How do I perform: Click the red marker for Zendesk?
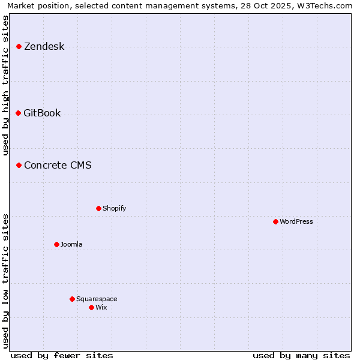pyautogui.click(x=19, y=46)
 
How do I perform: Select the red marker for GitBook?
pyautogui.click(x=19, y=113)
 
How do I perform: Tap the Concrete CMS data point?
pyautogui.click(x=19, y=165)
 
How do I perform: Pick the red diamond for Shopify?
pyautogui.click(x=99, y=208)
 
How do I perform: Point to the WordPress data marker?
pyautogui.click(x=276, y=221)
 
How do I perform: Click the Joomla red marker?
pyautogui.click(x=57, y=244)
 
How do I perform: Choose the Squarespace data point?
pyautogui.click(x=73, y=299)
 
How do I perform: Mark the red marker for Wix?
pyautogui.click(x=92, y=307)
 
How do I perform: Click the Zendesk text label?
pyautogui.click(x=44, y=47)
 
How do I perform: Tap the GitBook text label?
pyautogui.click(x=42, y=113)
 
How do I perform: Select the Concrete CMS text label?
pyautogui.click(x=58, y=166)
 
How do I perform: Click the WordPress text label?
pyautogui.click(x=296, y=222)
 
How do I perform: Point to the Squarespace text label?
pyautogui.click(x=97, y=299)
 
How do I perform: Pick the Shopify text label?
pyautogui.click(x=114, y=209)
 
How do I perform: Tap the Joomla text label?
pyautogui.click(x=71, y=245)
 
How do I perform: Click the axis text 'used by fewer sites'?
pyautogui.click(x=62, y=355)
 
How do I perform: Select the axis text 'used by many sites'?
pyautogui.click(x=301, y=355)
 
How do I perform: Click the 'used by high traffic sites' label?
pyautogui.click(x=6, y=85)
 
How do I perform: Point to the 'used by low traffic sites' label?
pyautogui.click(x=6, y=280)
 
